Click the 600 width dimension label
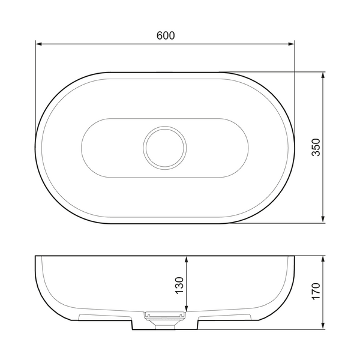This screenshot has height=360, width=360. [x=166, y=35]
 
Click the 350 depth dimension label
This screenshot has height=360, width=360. [x=316, y=148]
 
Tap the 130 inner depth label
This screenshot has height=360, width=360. [x=179, y=286]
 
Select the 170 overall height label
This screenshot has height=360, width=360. [x=316, y=291]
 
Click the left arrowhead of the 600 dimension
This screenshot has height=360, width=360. [x=39, y=44]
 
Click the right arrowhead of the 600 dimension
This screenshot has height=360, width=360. [x=292, y=44]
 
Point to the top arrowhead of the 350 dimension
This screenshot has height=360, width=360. [x=323, y=75]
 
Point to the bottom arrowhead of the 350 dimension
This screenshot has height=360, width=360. [x=323, y=219]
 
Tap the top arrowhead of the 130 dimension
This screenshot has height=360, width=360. [x=187, y=259]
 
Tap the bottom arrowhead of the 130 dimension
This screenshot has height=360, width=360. [x=187, y=308]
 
